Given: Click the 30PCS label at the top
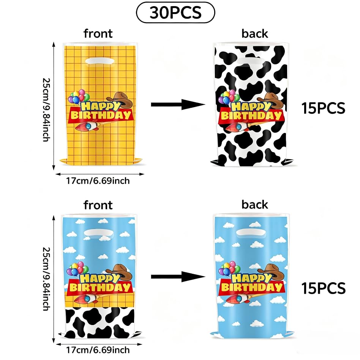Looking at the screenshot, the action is pyautogui.click(x=176, y=13).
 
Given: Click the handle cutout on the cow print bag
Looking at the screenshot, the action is pyautogui.click(x=251, y=62).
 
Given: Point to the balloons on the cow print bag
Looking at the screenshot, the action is pyautogui.click(x=229, y=97).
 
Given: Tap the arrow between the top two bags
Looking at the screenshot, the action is pyautogui.click(x=178, y=104).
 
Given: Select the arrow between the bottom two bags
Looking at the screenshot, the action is pyautogui.click(x=178, y=277).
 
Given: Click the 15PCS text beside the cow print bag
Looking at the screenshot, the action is pyautogui.click(x=323, y=108).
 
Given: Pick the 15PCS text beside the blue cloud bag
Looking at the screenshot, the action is pyautogui.click(x=323, y=288).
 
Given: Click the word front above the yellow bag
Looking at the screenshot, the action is pyautogui.click(x=98, y=33).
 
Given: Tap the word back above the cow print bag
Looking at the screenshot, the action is pyautogui.click(x=254, y=33).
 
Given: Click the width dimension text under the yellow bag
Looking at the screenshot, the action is pyautogui.click(x=98, y=181).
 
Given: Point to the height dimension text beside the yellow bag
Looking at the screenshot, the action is pyautogui.click(x=46, y=110).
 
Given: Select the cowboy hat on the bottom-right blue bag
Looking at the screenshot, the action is pyautogui.click(x=271, y=272).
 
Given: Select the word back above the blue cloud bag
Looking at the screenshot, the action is pyautogui.click(x=254, y=205).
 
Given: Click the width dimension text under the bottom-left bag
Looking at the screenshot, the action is pyautogui.click(x=98, y=350).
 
